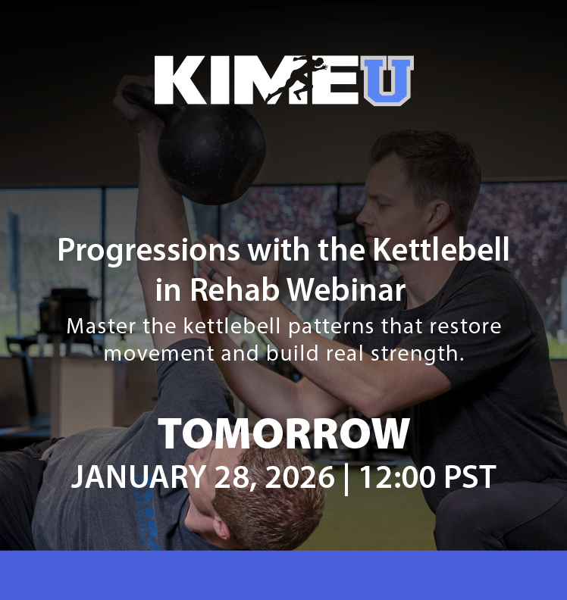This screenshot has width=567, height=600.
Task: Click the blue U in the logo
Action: tap(387, 80)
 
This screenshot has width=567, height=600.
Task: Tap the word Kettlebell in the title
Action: tap(443, 249)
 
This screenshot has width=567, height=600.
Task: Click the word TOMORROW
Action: tap(283, 434)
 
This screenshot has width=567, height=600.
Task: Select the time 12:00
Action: tap(394, 477)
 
